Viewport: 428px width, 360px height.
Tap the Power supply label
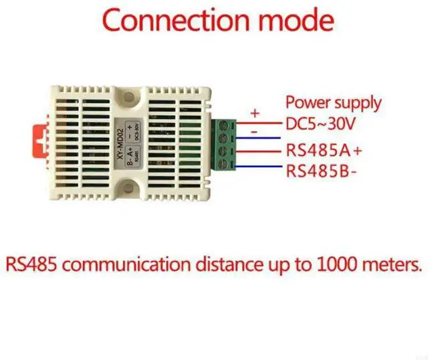[333, 103]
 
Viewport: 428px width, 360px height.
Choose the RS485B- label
[322, 171]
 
